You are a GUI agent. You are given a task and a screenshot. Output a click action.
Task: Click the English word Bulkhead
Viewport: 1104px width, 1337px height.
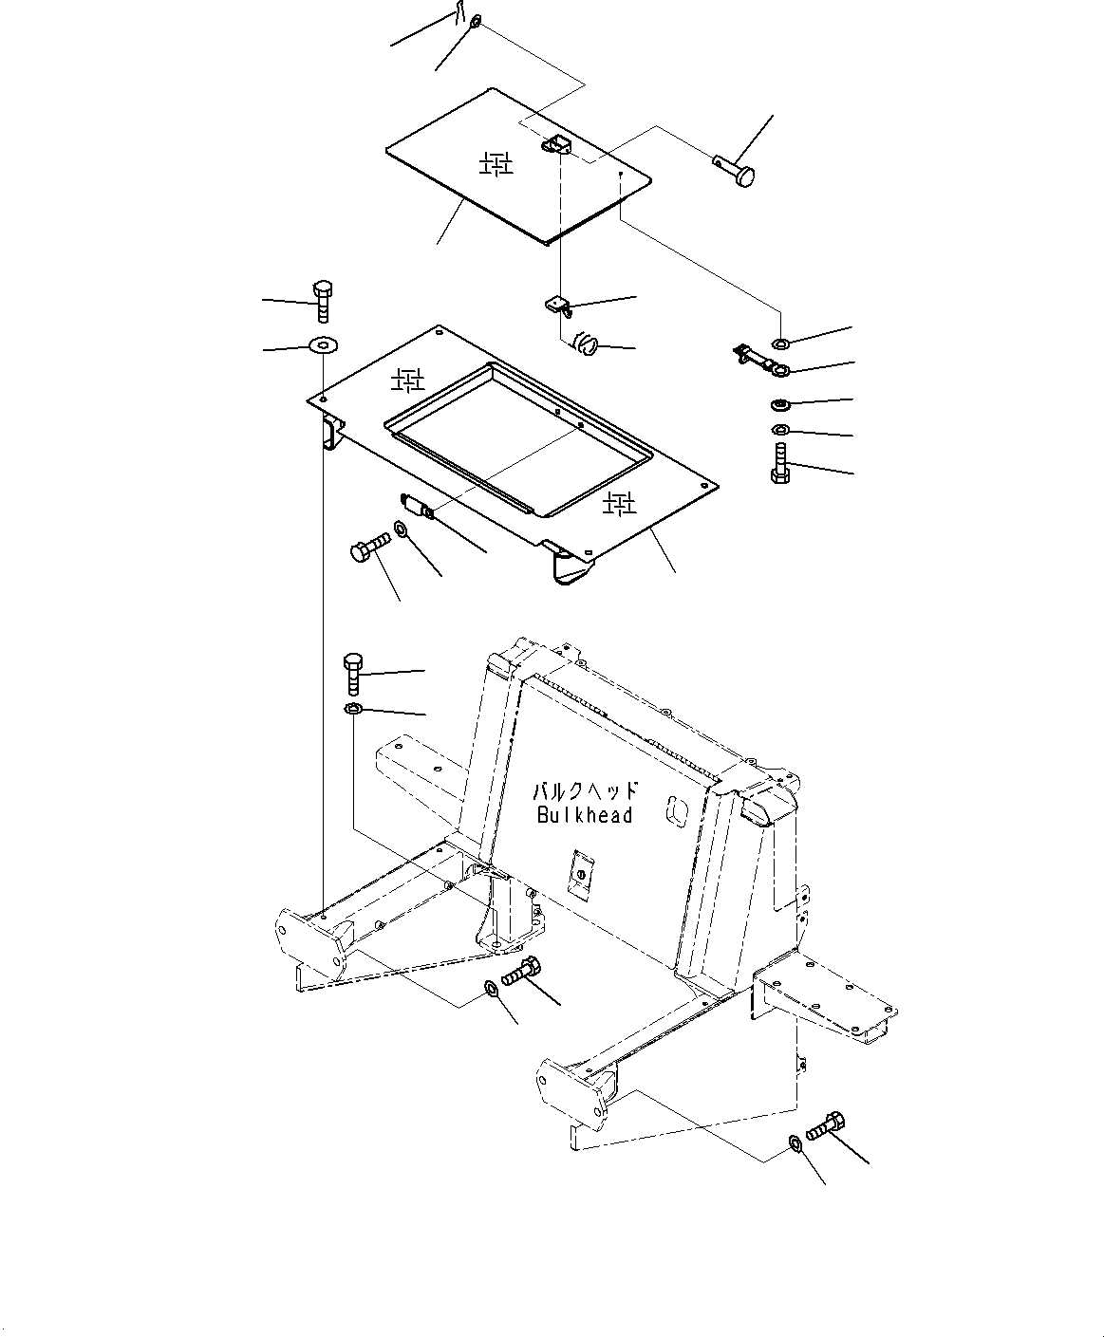point(584,815)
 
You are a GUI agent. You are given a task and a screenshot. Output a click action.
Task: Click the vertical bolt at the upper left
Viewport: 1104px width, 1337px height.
point(322,301)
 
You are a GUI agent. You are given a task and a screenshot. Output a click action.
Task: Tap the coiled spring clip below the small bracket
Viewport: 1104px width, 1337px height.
point(585,343)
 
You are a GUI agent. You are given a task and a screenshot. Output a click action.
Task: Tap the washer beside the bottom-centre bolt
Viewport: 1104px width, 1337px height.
point(492,990)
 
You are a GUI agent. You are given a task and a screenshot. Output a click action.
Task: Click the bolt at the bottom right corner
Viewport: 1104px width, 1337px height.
point(824,1125)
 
